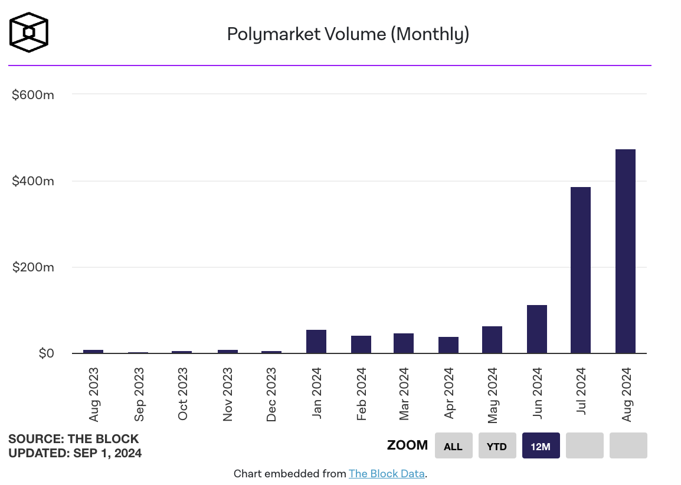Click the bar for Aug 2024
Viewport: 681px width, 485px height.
(x=625, y=251)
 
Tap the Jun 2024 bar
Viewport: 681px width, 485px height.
(x=536, y=329)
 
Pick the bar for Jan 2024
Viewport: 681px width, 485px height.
(x=316, y=342)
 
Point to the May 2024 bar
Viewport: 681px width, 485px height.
(x=492, y=340)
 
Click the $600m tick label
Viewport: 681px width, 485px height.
(x=33, y=94)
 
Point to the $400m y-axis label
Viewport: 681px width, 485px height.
(x=33, y=181)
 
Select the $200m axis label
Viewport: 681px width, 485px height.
(x=33, y=267)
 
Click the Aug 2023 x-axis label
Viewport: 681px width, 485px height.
(x=94, y=394)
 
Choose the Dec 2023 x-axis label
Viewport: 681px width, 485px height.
(x=271, y=394)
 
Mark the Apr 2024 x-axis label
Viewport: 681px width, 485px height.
(x=449, y=394)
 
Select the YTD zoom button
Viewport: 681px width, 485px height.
(x=497, y=446)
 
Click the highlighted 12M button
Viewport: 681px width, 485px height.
(x=541, y=446)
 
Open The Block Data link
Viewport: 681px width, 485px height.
(x=387, y=473)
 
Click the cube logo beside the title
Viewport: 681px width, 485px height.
(x=29, y=32)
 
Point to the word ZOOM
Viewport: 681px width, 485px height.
(x=407, y=445)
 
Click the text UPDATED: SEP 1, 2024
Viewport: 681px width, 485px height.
(x=75, y=453)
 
